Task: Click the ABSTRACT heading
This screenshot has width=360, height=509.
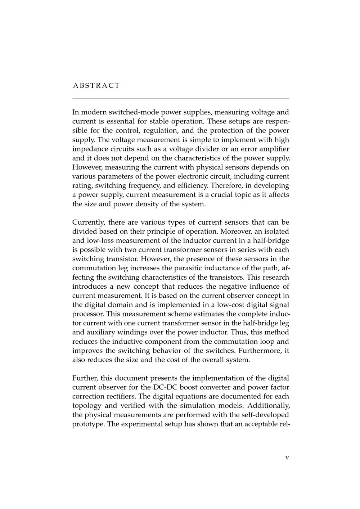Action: [96, 86]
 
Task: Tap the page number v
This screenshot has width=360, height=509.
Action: [287, 458]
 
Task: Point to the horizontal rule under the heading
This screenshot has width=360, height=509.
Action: [181, 98]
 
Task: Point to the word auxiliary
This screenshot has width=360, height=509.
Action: [102, 332]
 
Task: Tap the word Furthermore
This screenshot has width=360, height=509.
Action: [263, 351]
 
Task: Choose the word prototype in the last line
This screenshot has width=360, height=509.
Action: [88, 424]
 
